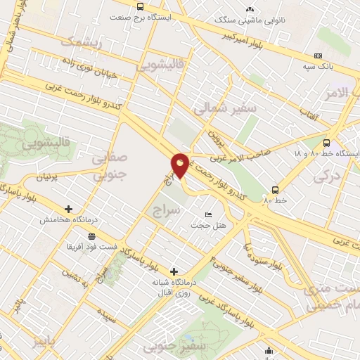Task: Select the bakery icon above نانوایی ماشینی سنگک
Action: tap(250, 9)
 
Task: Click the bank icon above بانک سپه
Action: tap(319, 56)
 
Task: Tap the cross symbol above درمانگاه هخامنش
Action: tap(68, 209)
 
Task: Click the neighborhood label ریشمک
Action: tap(82, 43)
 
